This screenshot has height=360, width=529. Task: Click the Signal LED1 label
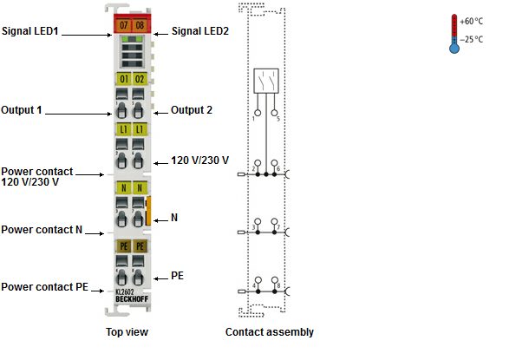[x=30, y=31]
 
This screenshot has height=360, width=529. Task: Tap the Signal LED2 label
[x=200, y=31]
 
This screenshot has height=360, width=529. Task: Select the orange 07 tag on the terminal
[x=123, y=25]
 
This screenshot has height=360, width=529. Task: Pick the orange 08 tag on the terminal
[x=140, y=25]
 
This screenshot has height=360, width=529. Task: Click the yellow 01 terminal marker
[x=124, y=79]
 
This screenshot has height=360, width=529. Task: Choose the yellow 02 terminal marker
[x=140, y=79]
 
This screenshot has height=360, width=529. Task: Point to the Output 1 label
[x=22, y=110]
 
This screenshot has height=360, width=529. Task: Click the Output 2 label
[x=192, y=110]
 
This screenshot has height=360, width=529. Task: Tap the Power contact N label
[x=42, y=230]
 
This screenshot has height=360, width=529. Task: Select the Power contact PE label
[x=44, y=287]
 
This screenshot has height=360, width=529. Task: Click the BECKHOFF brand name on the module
[x=132, y=299]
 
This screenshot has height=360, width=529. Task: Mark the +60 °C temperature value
[x=471, y=22]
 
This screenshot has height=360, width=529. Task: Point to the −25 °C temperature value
[x=471, y=40]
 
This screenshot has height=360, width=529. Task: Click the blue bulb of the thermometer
[x=454, y=49]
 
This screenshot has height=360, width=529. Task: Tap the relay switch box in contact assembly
[x=266, y=81]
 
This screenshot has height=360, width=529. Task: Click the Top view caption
[x=127, y=332]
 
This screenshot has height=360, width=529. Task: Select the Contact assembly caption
[x=270, y=332]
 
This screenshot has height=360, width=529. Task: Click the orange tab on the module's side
[x=147, y=211]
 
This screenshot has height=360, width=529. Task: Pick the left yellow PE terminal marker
[x=124, y=246]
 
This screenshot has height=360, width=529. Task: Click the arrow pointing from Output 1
[x=78, y=114]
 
